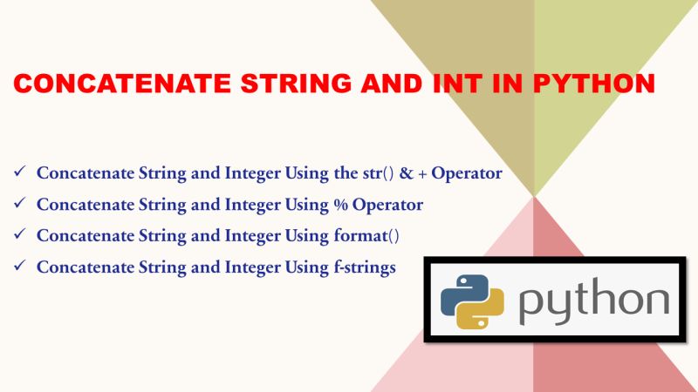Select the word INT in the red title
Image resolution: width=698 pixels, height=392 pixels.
click(x=461, y=84)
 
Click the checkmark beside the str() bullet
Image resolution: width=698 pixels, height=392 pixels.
click(x=19, y=172)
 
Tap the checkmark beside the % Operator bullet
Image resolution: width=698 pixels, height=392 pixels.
click(x=19, y=205)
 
